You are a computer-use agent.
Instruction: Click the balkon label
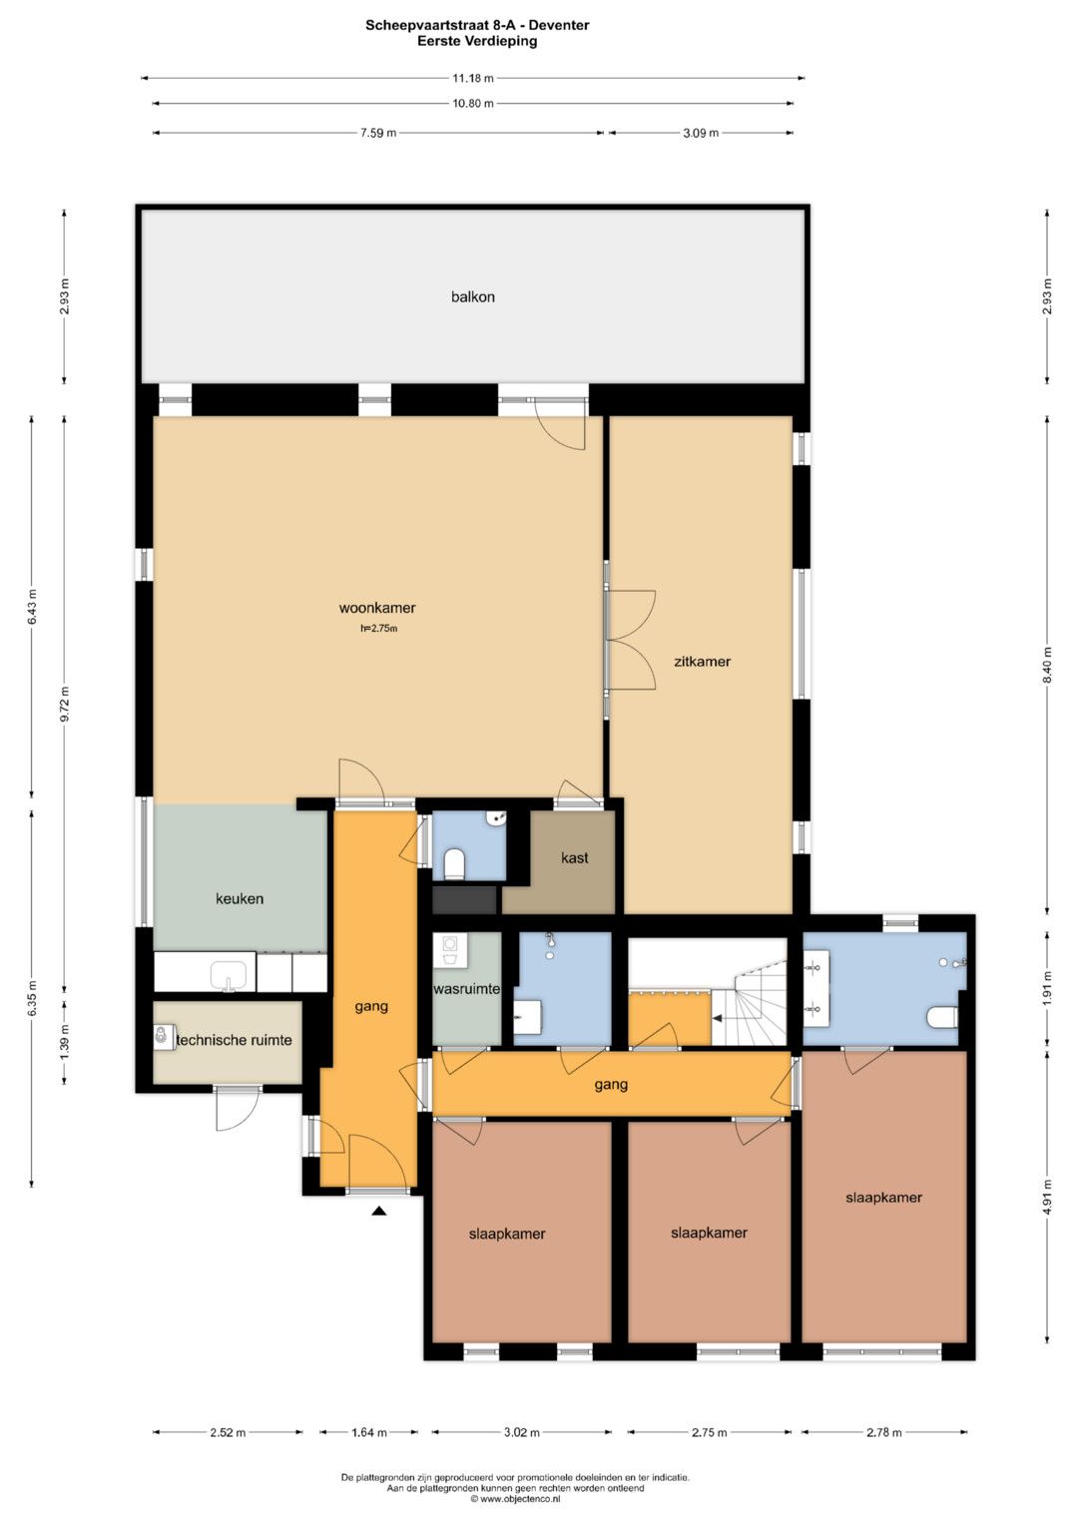(x=472, y=296)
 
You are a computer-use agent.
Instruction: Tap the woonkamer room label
(x=377, y=608)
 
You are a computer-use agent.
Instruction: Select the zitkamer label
(x=702, y=661)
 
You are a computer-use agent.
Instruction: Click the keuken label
(x=240, y=898)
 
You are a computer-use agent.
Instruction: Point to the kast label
(x=574, y=857)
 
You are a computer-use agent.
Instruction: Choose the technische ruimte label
(x=235, y=1040)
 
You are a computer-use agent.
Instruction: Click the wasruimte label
(x=467, y=989)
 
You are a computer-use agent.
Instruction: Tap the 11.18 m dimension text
(x=473, y=78)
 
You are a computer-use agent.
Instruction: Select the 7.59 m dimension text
(x=378, y=133)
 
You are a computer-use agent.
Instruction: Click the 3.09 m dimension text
(x=701, y=133)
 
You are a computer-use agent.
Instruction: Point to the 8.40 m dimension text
(x=1047, y=665)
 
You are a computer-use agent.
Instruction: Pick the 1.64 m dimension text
(x=369, y=1432)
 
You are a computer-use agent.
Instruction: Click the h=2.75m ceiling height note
(x=378, y=629)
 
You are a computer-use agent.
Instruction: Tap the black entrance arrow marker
(x=379, y=1210)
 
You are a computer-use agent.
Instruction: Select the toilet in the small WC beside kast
(x=454, y=863)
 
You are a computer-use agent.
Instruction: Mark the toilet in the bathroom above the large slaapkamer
(x=943, y=1017)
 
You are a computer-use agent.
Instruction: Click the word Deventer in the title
(x=559, y=25)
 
